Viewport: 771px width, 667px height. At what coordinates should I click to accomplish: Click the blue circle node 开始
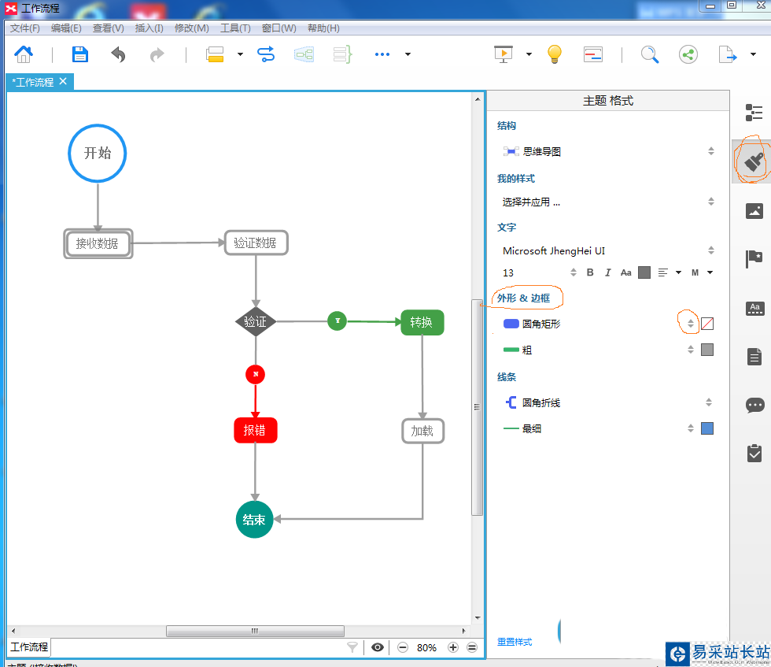point(98,153)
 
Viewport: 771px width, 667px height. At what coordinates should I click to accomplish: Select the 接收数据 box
point(98,243)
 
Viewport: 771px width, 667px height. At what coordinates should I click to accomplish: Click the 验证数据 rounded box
point(256,243)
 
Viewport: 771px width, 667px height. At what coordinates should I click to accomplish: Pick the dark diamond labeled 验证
point(256,321)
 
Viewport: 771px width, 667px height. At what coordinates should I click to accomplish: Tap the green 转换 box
point(422,322)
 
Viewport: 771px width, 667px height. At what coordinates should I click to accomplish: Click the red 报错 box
point(256,431)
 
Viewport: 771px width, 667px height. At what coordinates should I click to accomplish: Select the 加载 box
point(422,431)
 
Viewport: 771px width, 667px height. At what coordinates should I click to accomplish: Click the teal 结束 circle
point(254,520)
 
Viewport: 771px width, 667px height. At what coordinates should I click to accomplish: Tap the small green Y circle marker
point(337,321)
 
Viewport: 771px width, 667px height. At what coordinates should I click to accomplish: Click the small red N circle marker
point(255,374)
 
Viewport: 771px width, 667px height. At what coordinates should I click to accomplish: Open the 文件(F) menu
point(25,28)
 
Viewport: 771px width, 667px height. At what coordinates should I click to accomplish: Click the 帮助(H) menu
point(323,28)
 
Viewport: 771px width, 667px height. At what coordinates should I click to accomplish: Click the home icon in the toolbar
point(24,54)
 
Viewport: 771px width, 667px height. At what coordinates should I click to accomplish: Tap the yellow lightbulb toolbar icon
point(555,54)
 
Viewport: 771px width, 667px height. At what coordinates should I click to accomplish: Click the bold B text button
point(591,272)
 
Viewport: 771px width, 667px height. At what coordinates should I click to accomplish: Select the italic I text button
point(608,272)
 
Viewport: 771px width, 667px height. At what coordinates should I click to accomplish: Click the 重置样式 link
point(515,642)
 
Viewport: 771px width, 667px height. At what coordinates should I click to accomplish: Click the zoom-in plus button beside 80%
point(453,647)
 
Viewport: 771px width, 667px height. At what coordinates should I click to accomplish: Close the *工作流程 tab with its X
point(63,81)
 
